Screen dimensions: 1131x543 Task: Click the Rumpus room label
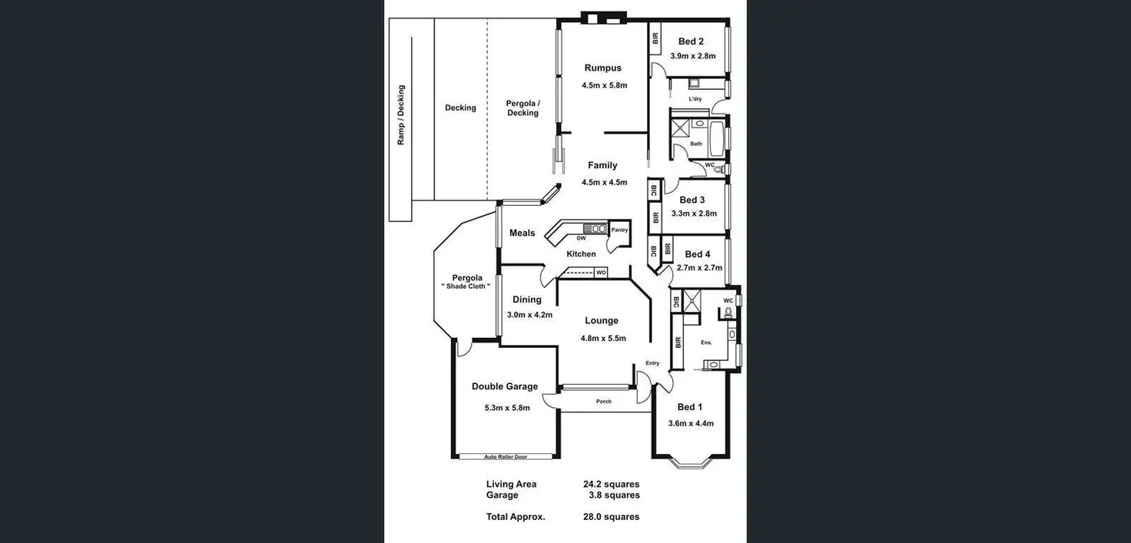[602, 68]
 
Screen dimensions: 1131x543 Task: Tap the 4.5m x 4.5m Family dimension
[604, 183]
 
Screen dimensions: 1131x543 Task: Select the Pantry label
[619, 230]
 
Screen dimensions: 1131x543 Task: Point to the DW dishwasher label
[581, 238]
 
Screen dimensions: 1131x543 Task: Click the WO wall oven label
[601, 273]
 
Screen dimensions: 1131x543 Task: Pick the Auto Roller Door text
[506, 457]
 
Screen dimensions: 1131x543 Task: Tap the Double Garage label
[505, 387]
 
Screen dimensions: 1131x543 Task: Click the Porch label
[604, 402]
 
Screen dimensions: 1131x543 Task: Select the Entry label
[652, 363]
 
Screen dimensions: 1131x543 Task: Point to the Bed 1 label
[689, 408]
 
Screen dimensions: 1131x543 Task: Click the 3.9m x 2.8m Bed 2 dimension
[692, 56]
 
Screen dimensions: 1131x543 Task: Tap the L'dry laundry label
[695, 99]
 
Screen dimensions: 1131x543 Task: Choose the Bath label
[696, 144]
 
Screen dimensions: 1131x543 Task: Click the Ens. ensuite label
[706, 342]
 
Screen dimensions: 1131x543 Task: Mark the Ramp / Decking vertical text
[401, 115]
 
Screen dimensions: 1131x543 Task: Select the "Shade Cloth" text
[466, 286]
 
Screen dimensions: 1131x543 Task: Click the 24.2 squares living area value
[611, 485]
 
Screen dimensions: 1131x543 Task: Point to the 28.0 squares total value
[611, 517]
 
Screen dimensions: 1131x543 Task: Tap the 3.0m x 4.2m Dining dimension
[529, 315]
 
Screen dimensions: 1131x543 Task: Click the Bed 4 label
[698, 254]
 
